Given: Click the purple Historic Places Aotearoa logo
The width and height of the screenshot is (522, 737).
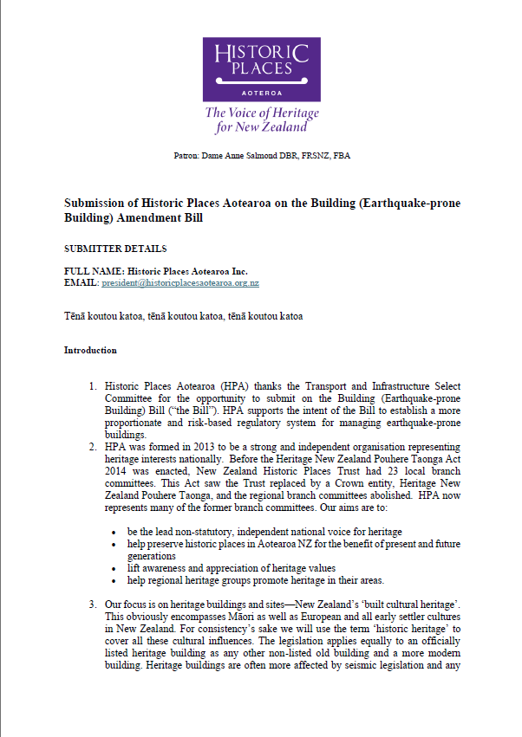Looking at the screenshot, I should (x=261, y=68).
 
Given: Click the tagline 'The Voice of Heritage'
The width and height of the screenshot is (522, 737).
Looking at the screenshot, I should (x=261, y=113).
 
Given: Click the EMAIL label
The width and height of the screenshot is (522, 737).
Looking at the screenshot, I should (x=82, y=283).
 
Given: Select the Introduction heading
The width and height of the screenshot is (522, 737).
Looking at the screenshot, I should (x=90, y=351).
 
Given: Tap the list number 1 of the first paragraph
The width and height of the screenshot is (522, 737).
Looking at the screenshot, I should (x=94, y=385).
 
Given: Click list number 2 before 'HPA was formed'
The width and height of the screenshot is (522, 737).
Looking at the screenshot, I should (x=94, y=444).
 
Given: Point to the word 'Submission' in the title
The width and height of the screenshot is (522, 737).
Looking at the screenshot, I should (x=95, y=204).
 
